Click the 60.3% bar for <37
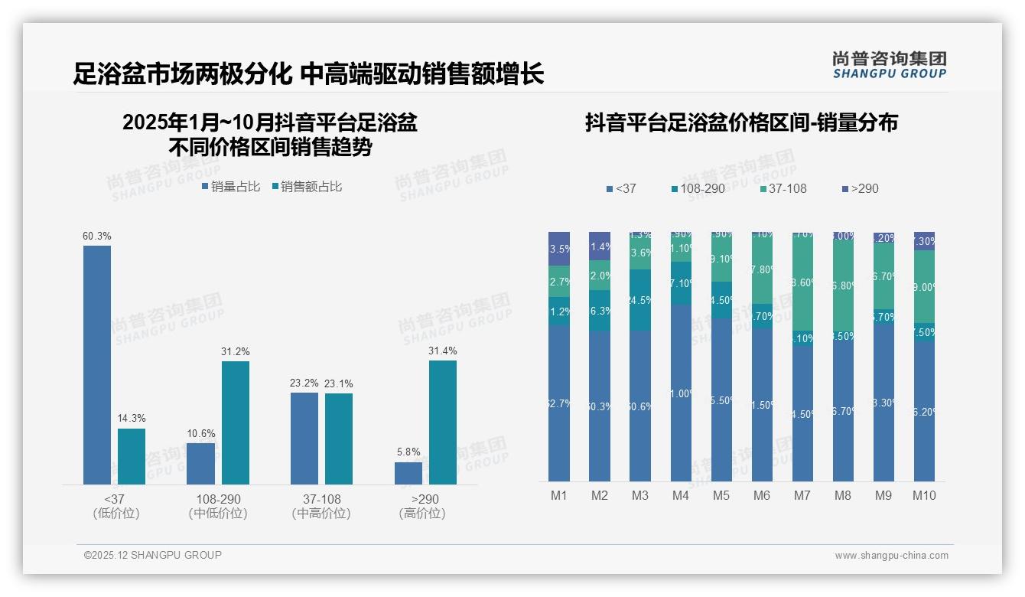(97, 364)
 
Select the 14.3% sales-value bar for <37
(132, 456)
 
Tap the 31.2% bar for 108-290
(236, 422)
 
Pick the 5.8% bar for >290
(408, 473)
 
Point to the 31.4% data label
(443, 351)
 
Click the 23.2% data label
(304, 383)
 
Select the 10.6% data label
(200, 434)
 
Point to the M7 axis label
(802, 495)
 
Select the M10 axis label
(924, 495)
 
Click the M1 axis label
(559, 495)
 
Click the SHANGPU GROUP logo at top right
(889, 65)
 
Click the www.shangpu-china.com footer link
(891, 556)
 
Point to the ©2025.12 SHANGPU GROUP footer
(153, 555)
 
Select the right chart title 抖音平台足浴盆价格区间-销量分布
(741, 122)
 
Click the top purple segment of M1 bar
(559, 248)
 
